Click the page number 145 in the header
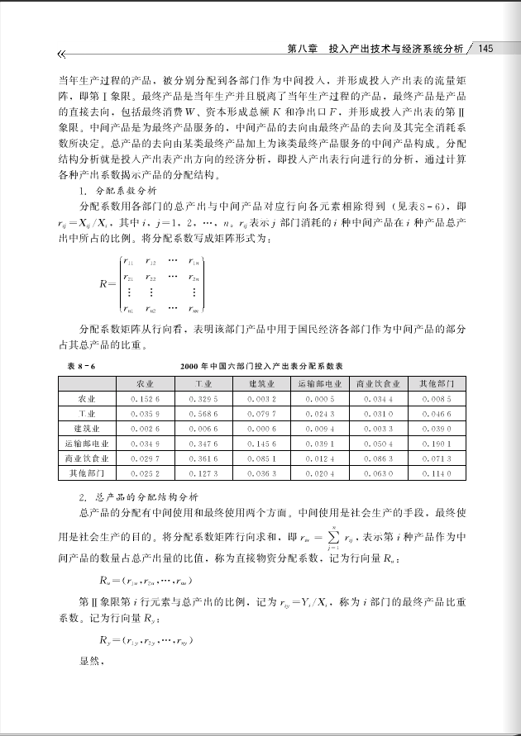point(485,49)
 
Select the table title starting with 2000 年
point(261,365)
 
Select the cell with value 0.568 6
point(203,414)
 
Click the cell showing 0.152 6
point(145,399)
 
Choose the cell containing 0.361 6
point(203,458)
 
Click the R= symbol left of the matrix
point(107,285)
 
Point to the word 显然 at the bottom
point(90,660)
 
